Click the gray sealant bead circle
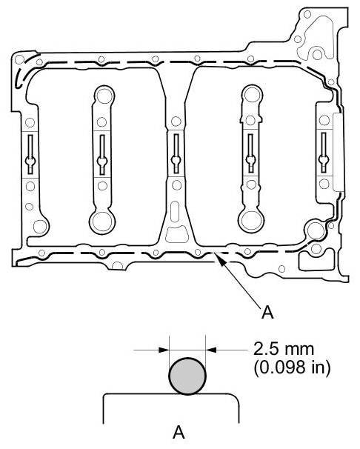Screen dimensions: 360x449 [x=187, y=376]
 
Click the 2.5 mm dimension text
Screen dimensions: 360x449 [x=284, y=349]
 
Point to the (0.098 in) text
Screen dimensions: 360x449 [x=292, y=367]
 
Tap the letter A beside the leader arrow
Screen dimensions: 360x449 [x=267, y=312]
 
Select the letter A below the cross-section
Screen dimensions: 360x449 [x=179, y=433]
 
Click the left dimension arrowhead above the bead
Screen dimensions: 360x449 [x=164, y=350]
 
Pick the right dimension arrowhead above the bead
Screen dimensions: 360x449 [x=211, y=350]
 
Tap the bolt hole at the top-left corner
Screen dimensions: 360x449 [x=19, y=59]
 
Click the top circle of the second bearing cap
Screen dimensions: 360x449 [x=104, y=96]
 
